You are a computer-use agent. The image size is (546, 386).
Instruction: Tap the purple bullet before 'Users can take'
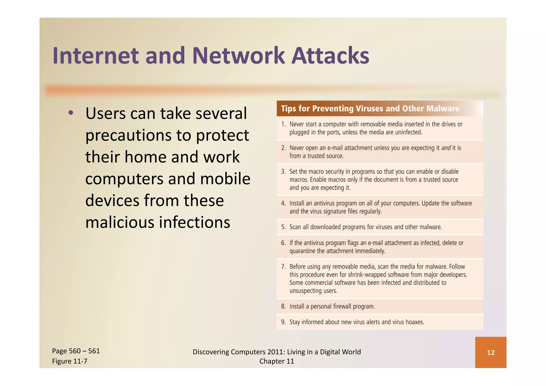[70, 113]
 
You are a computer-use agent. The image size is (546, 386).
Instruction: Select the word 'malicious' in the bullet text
[119, 222]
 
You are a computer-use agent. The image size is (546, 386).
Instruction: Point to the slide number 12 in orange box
[491, 353]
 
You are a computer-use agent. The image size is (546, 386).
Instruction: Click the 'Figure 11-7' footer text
[70, 361]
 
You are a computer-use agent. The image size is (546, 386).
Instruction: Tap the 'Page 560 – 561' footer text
[76, 351]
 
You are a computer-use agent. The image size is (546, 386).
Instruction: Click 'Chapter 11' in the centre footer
[276, 361]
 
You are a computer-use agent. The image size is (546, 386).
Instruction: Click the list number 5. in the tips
[283, 227]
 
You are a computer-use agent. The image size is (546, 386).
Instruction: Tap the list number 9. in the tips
[283, 322]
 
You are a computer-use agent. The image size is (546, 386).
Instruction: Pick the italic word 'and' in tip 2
[446, 148]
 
